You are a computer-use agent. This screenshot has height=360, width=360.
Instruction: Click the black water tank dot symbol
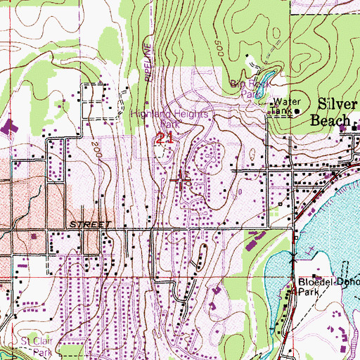[297, 110]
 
